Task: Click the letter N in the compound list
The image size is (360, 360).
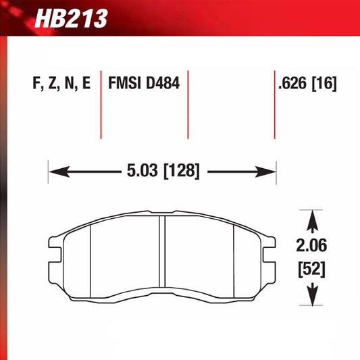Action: (x=68, y=84)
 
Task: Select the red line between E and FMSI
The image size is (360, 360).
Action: (x=101, y=105)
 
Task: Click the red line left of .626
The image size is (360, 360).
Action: (x=274, y=105)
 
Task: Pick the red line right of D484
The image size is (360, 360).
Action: (x=187, y=105)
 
